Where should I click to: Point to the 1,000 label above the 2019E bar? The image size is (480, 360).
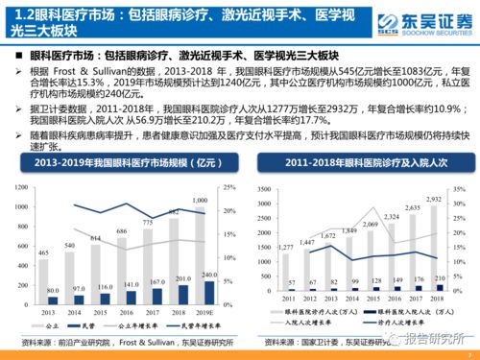[x=200, y=200]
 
